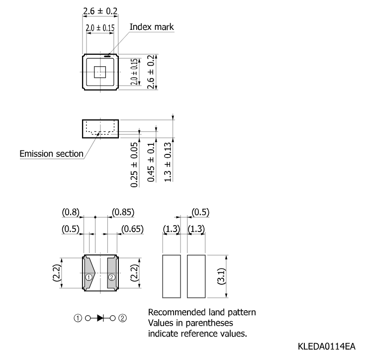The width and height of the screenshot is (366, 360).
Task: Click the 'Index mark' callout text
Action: [152, 27]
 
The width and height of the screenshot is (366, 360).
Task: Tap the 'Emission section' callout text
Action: [51, 154]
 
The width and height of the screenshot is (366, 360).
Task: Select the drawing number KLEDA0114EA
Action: [327, 346]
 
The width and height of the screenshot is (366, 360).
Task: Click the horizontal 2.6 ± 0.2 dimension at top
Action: [100, 11]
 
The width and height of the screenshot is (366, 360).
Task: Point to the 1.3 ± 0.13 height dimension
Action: [168, 162]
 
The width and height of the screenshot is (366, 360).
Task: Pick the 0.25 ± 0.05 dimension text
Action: [134, 165]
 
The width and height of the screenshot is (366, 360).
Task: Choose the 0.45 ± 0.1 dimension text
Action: [151, 162]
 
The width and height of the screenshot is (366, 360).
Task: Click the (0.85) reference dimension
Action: [123, 212]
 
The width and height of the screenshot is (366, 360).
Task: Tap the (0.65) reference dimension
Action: [132, 229]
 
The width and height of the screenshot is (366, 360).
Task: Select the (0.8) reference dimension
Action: [71, 212]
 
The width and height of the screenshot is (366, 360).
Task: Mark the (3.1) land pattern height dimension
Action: [221, 276]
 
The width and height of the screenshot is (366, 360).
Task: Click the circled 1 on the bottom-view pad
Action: [89, 277]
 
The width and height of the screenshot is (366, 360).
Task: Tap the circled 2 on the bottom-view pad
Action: [112, 277]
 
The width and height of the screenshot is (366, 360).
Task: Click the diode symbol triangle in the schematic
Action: [100, 318]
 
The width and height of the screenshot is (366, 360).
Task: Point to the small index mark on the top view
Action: [107, 56]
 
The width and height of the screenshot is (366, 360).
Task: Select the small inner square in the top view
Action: [100, 72]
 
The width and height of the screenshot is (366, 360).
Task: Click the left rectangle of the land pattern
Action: [172, 276]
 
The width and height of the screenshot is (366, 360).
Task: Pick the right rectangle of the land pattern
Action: [196, 276]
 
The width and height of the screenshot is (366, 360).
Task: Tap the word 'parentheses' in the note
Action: [209, 323]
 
